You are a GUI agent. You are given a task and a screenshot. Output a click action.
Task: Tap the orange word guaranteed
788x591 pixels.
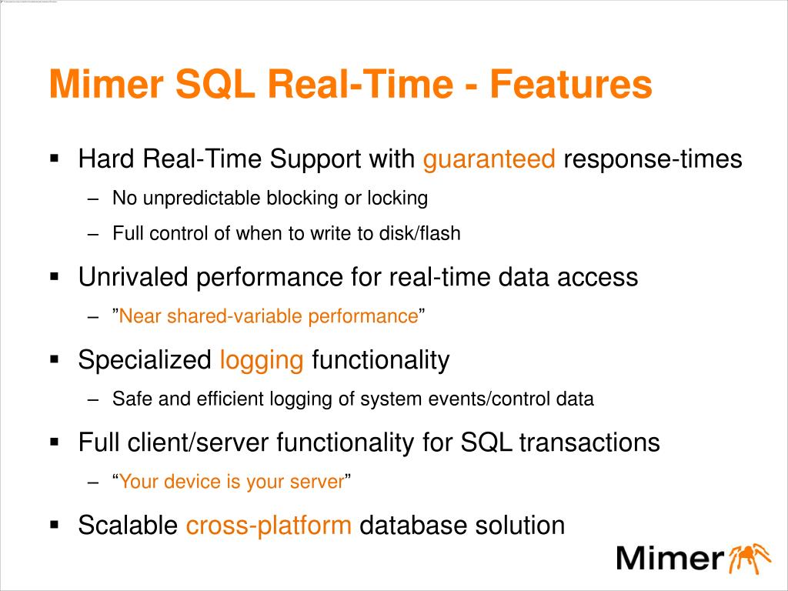[x=489, y=160]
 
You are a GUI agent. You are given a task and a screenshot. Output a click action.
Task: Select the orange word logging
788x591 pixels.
[x=262, y=359]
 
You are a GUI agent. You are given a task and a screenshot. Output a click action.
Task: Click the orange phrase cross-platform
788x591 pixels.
[x=269, y=526]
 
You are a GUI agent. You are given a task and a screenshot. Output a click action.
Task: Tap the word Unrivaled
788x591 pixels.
[x=135, y=277]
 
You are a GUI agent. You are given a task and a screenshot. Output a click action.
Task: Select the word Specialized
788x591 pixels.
[x=145, y=359]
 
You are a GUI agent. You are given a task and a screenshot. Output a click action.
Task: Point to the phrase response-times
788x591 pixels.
[x=653, y=160]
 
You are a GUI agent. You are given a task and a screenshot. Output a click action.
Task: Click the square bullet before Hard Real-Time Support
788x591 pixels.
[x=55, y=160]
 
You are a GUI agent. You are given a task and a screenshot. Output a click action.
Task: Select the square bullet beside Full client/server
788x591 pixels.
[x=55, y=442]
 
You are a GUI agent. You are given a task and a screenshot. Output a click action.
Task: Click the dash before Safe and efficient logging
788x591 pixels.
[x=94, y=399]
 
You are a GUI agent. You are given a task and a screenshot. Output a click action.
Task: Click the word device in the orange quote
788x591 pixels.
[x=192, y=482]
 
